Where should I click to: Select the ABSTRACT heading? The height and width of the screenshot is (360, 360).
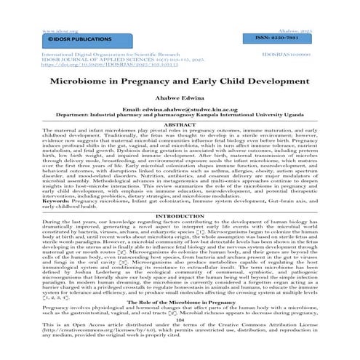tap(180, 125)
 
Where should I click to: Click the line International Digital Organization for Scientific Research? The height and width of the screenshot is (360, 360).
tap(105, 53)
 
